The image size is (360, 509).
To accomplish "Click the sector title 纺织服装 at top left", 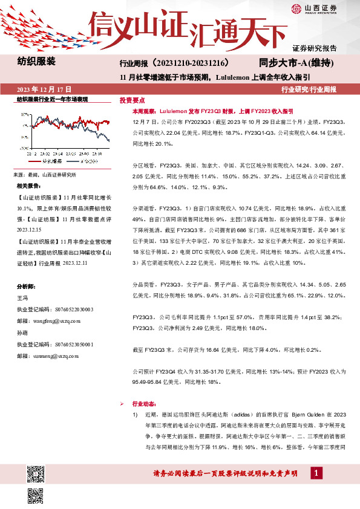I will click(x=36, y=62).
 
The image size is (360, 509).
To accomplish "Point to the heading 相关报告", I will click(x=29, y=186).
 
